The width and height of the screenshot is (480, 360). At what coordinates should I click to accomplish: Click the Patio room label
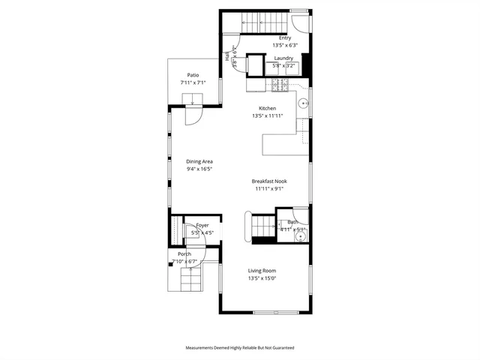click(193, 74)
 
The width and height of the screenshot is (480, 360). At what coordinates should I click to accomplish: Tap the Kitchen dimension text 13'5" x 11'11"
click(268, 116)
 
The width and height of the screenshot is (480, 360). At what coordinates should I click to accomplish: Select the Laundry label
click(283, 58)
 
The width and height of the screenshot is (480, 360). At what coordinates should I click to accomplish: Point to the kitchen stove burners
click(280, 85)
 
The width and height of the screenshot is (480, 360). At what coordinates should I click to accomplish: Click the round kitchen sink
click(304, 103)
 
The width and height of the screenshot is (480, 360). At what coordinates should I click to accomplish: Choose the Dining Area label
click(199, 161)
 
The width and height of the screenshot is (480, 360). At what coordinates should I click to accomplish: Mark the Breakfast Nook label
click(269, 181)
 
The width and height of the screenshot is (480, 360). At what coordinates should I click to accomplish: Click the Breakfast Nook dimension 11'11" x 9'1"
click(269, 188)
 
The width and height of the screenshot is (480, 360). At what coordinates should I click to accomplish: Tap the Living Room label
click(262, 271)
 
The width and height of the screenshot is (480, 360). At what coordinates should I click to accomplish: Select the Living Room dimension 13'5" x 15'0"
click(262, 278)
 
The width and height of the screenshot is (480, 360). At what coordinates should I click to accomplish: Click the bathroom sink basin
click(299, 237)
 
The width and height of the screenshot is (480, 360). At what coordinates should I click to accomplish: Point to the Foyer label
click(202, 225)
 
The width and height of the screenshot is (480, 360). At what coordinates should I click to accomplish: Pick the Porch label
click(184, 253)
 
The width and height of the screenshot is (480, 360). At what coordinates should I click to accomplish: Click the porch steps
click(190, 282)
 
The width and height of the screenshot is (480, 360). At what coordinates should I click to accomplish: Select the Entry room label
click(285, 37)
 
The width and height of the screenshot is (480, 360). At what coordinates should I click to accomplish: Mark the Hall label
click(226, 56)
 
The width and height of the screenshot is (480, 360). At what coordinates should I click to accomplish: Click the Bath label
click(292, 222)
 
